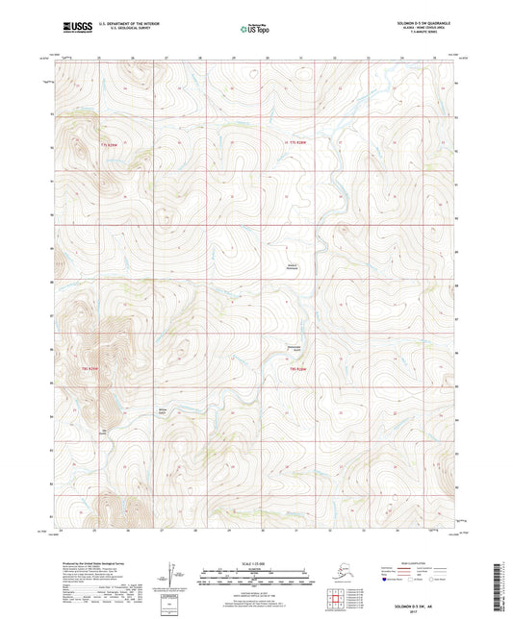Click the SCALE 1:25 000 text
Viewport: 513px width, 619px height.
[255, 562]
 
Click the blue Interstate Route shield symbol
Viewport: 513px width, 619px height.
[386, 580]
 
